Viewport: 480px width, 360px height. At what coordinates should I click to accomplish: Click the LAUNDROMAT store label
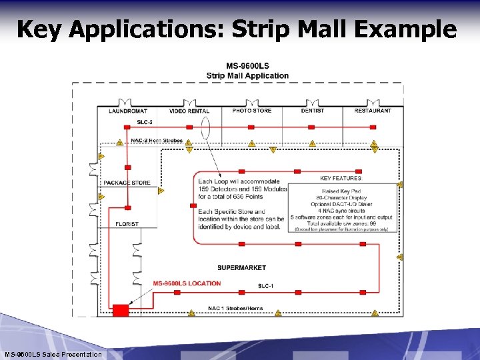click(x=127, y=111)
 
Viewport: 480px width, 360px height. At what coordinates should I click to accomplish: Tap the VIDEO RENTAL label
click(x=189, y=111)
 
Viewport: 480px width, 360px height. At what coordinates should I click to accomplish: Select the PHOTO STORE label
click(x=252, y=111)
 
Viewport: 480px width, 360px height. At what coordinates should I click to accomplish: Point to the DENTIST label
click(x=313, y=111)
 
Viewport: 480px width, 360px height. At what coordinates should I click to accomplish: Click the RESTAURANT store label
click(x=373, y=111)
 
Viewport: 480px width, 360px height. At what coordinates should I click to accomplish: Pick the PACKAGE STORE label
click(x=127, y=183)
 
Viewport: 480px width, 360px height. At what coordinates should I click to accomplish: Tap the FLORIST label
click(x=127, y=224)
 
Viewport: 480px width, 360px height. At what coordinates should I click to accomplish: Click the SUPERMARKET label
click(x=241, y=267)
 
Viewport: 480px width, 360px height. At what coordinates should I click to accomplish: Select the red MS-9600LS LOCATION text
click(x=187, y=283)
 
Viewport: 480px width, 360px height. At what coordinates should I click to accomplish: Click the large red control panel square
click(x=121, y=310)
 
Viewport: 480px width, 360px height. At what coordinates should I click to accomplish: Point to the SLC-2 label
click(x=145, y=122)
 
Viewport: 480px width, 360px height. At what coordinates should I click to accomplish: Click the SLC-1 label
click(x=265, y=286)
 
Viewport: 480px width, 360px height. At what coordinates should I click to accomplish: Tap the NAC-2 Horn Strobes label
click(x=157, y=140)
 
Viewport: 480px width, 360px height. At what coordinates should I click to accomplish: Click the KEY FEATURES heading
click(x=341, y=178)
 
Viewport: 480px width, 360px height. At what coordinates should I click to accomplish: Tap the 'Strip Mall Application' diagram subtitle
click(x=247, y=75)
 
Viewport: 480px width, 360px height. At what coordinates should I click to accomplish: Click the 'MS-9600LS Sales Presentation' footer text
click(x=53, y=354)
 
